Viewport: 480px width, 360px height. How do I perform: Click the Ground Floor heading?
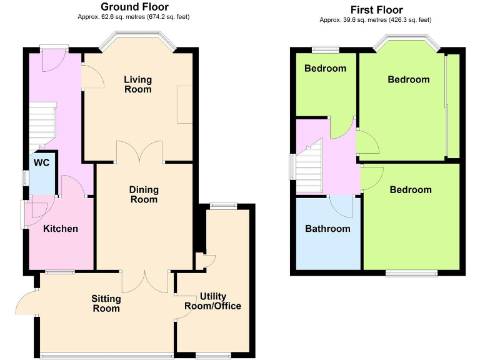pyautogui.click(x=135, y=7)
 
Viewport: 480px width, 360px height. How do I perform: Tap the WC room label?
pyautogui.click(x=42, y=162)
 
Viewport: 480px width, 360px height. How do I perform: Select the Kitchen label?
pyautogui.click(x=61, y=229)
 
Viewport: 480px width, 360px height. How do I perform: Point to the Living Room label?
pyautogui.click(x=137, y=84)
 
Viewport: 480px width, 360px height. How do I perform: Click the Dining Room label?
pyautogui.click(x=144, y=194)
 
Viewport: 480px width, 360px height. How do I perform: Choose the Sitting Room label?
pyautogui.click(x=106, y=303)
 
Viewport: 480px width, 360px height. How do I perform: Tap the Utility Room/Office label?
pyautogui.click(x=213, y=301)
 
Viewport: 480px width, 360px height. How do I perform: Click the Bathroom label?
pyautogui.click(x=327, y=229)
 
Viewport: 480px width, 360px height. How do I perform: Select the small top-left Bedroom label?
pyautogui.click(x=325, y=69)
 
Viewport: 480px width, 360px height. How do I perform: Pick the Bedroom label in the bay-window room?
pyautogui.click(x=409, y=79)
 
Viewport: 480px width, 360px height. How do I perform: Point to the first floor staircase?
pyautogui.click(x=309, y=166)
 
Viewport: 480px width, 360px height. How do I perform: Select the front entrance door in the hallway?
pyautogui.click(x=53, y=59)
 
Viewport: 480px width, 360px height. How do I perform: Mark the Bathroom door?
pyautogui.click(x=342, y=204)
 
